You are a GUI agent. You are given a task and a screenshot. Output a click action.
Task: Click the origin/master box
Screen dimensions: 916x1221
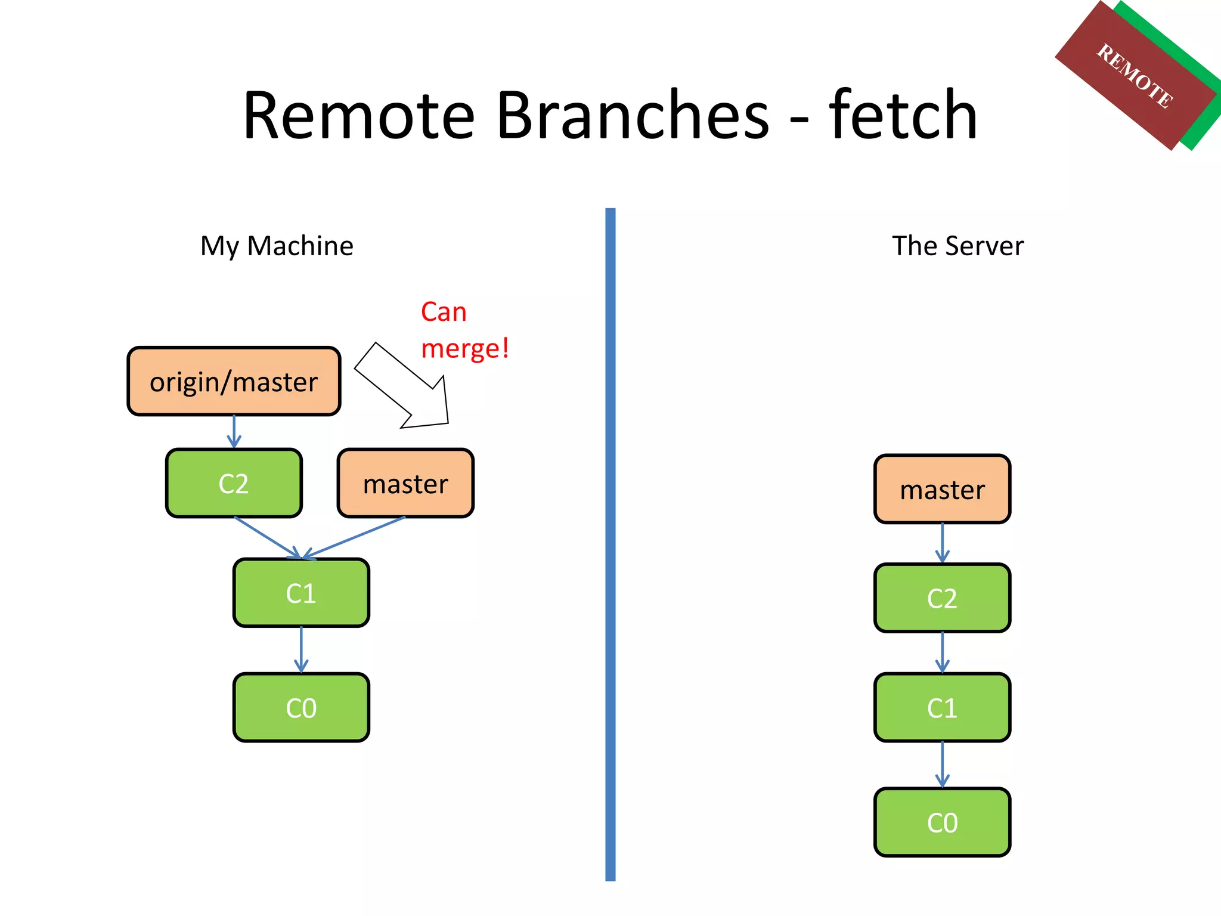click(x=234, y=382)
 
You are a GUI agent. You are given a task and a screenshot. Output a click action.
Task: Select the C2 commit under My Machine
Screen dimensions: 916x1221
click(x=234, y=483)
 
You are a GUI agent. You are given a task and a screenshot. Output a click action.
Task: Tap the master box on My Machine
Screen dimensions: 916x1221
click(x=405, y=483)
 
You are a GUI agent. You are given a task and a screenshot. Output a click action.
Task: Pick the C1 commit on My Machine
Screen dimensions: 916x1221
click(x=301, y=593)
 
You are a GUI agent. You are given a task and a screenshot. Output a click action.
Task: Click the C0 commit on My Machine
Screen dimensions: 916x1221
click(x=301, y=707)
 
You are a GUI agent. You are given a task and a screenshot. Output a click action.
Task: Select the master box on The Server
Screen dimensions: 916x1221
click(x=942, y=489)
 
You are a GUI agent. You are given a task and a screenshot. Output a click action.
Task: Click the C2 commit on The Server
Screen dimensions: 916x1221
click(x=942, y=598)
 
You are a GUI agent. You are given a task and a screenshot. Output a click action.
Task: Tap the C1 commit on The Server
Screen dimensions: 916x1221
click(x=942, y=707)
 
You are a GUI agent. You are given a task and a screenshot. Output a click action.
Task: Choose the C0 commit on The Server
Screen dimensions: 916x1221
click(x=942, y=822)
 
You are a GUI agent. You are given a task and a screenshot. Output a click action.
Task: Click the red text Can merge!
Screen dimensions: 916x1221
click(x=464, y=330)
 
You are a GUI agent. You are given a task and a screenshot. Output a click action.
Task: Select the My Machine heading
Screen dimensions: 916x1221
click(x=277, y=246)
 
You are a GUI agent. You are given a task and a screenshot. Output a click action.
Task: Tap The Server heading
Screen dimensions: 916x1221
click(x=957, y=246)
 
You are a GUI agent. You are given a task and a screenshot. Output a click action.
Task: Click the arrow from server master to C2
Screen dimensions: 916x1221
click(x=942, y=543)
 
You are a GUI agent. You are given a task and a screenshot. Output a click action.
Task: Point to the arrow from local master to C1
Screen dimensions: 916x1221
click(x=355, y=537)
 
